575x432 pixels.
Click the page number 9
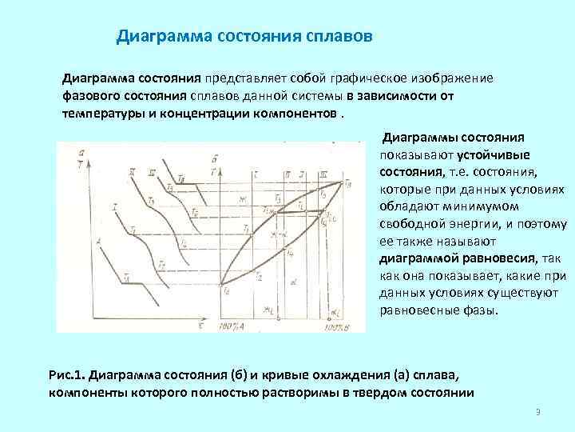[x=538, y=413]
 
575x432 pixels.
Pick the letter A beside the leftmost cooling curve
[x=97, y=240]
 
